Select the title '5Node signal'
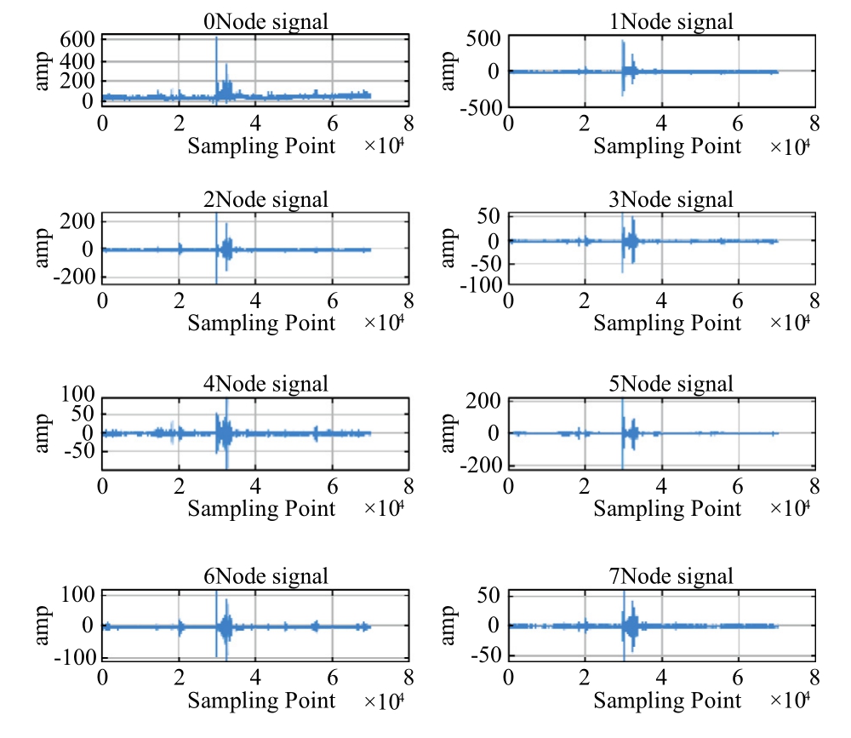(x=671, y=385)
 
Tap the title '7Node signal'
(x=671, y=577)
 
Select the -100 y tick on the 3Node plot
(x=483, y=285)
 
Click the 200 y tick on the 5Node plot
(x=487, y=402)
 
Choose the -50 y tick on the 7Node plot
(x=487, y=656)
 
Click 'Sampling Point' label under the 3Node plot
(x=668, y=323)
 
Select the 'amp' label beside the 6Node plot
(x=43, y=625)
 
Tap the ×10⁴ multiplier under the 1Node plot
(x=789, y=146)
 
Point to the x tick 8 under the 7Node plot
(x=814, y=678)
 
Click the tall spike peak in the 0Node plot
(x=216, y=39)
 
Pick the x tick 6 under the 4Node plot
(x=332, y=486)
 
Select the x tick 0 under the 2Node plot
(x=103, y=300)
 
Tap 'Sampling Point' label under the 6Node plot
(x=262, y=701)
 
